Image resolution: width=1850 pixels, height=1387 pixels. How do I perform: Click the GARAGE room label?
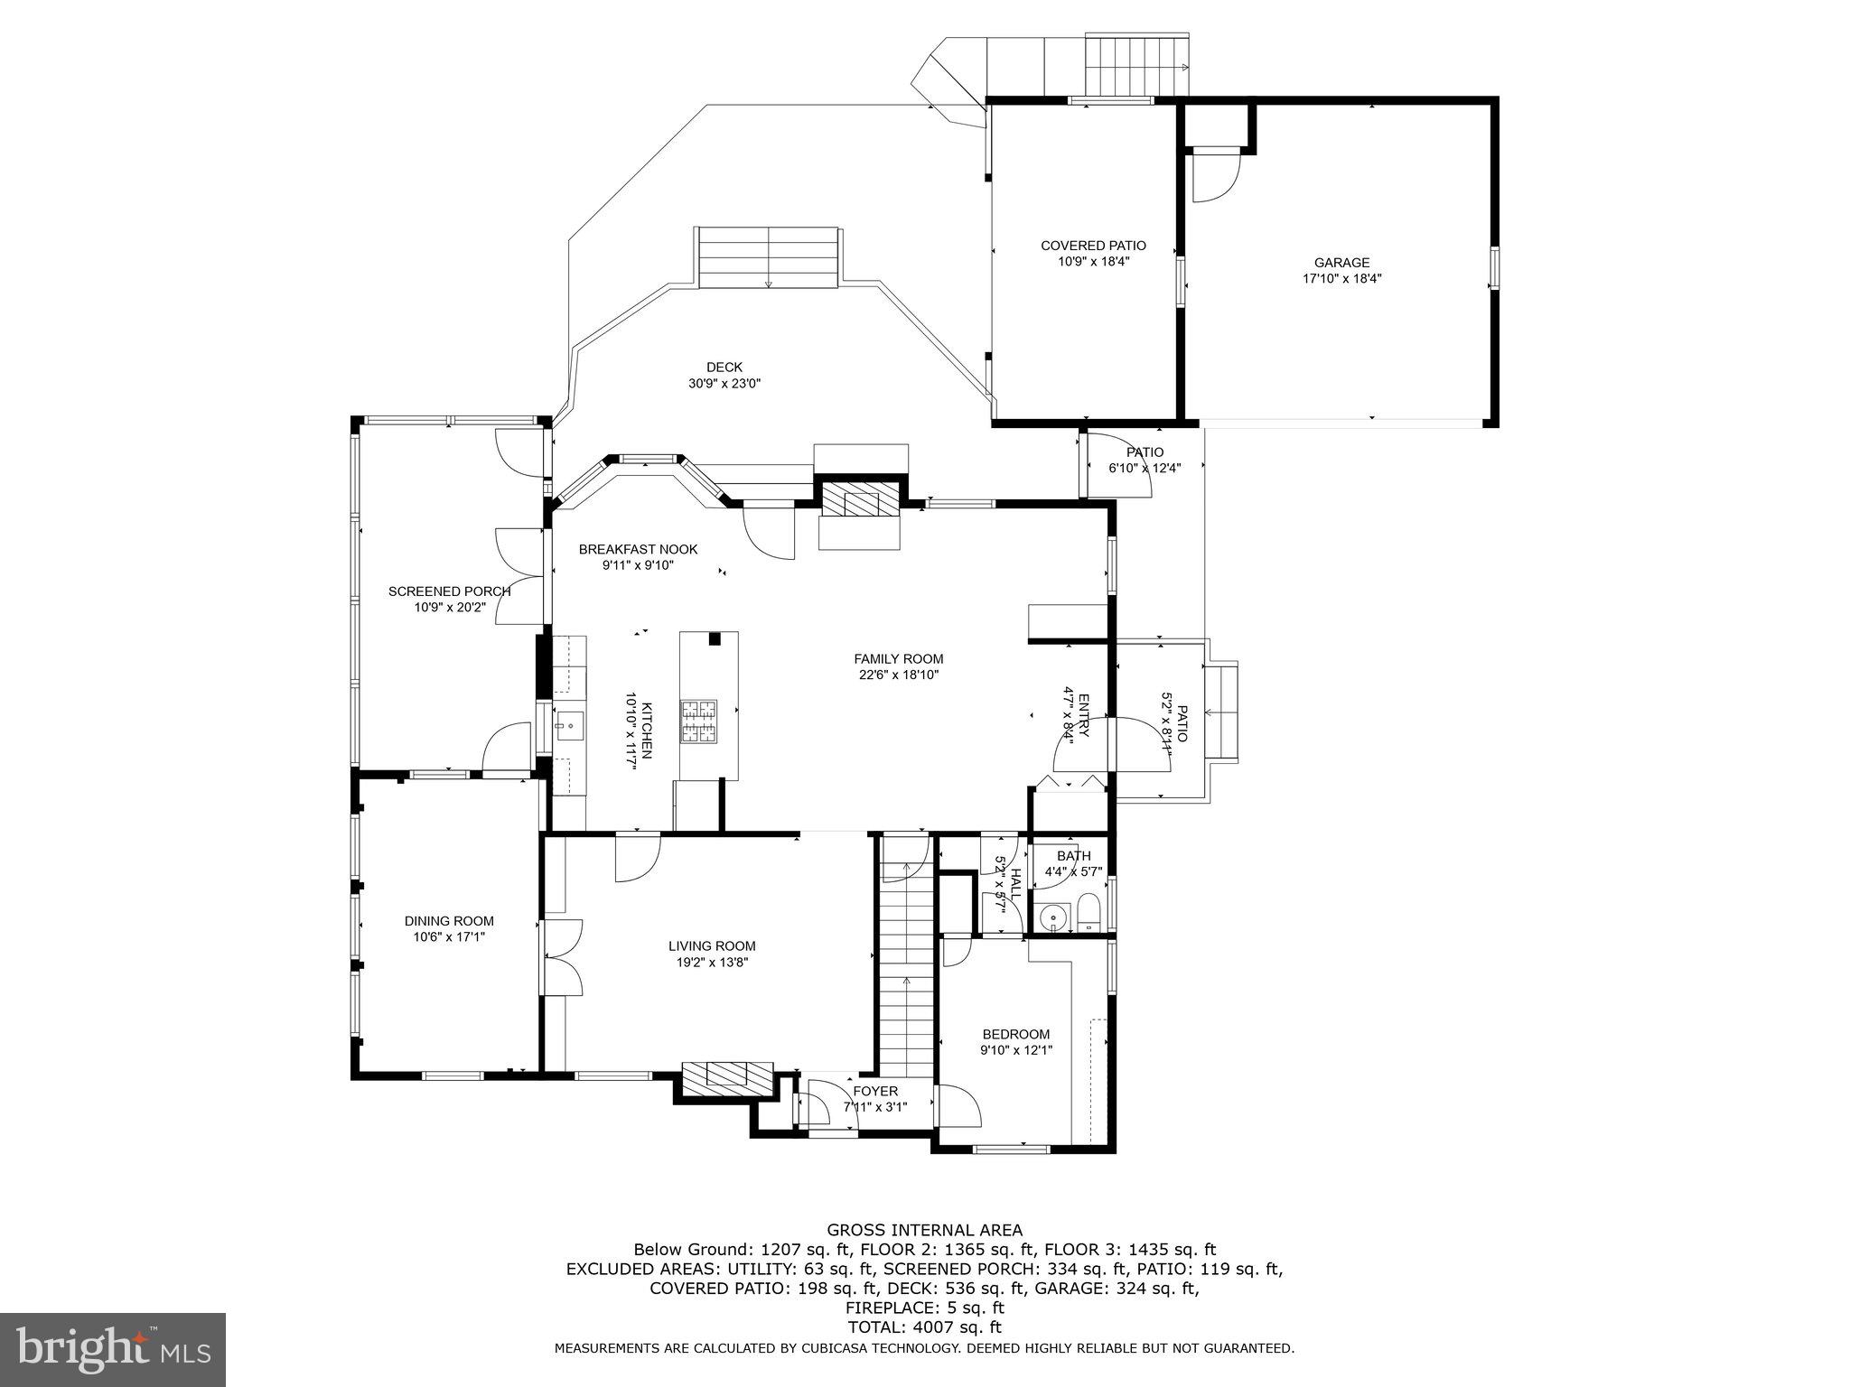(1341, 263)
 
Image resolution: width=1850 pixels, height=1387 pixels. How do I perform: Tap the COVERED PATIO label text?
(1093, 246)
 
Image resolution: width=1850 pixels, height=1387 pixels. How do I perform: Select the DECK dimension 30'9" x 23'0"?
(724, 383)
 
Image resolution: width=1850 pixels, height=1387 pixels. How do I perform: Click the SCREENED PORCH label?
(450, 591)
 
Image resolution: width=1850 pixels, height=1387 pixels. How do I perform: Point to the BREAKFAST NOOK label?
(638, 549)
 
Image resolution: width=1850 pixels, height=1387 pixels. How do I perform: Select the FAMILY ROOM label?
(898, 659)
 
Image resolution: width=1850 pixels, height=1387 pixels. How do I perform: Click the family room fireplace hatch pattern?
(860, 498)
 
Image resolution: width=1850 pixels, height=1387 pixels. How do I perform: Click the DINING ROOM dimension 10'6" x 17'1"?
(449, 936)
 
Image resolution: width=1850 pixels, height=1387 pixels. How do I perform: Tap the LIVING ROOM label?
(712, 946)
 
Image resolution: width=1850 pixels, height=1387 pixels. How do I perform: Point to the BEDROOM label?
(1016, 1034)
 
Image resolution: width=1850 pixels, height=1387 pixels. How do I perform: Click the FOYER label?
(874, 1091)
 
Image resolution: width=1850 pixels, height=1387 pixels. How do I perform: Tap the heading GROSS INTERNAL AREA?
(924, 1230)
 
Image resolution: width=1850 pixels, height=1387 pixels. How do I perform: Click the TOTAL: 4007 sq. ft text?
(924, 1327)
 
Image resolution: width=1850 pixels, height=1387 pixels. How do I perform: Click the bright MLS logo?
(113, 1349)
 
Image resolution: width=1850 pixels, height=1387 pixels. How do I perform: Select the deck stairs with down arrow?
(768, 258)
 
